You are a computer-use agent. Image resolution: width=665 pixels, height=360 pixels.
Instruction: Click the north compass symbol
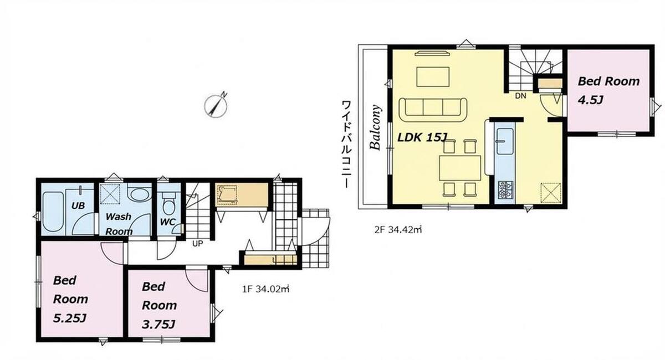(x=216, y=106)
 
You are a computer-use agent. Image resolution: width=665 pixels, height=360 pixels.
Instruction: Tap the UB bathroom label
(x=78, y=205)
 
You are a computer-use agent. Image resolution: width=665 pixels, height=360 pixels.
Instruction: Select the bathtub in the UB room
(x=53, y=212)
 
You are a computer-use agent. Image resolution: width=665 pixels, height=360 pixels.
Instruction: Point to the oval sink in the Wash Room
(x=140, y=196)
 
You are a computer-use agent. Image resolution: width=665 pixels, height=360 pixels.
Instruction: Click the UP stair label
(x=197, y=244)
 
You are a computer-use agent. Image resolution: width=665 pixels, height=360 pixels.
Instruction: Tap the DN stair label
(x=520, y=96)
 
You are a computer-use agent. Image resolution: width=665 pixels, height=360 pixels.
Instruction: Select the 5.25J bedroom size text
(x=70, y=319)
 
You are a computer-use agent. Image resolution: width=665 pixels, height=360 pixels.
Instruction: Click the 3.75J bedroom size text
(x=158, y=325)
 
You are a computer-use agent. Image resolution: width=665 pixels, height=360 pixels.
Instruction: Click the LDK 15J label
(x=422, y=137)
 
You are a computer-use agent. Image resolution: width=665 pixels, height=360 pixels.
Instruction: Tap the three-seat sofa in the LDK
(x=433, y=110)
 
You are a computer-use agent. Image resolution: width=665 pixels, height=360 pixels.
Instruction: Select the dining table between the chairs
(x=460, y=168)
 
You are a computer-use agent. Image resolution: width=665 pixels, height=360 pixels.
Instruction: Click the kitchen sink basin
(x=505, y=141)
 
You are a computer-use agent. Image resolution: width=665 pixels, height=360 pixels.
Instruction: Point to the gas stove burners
(x=505, y=190)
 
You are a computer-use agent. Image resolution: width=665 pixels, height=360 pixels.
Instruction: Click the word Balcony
(x=375, y=127)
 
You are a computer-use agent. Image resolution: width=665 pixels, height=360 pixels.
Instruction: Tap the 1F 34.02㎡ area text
(x=265, y=289)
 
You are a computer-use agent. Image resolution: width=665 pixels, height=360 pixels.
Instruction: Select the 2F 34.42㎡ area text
(x=398, y=230)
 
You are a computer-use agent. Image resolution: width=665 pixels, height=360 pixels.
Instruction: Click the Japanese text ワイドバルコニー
(x=346, y=144)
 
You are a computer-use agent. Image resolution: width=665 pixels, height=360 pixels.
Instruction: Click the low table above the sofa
(x=433, y=77)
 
